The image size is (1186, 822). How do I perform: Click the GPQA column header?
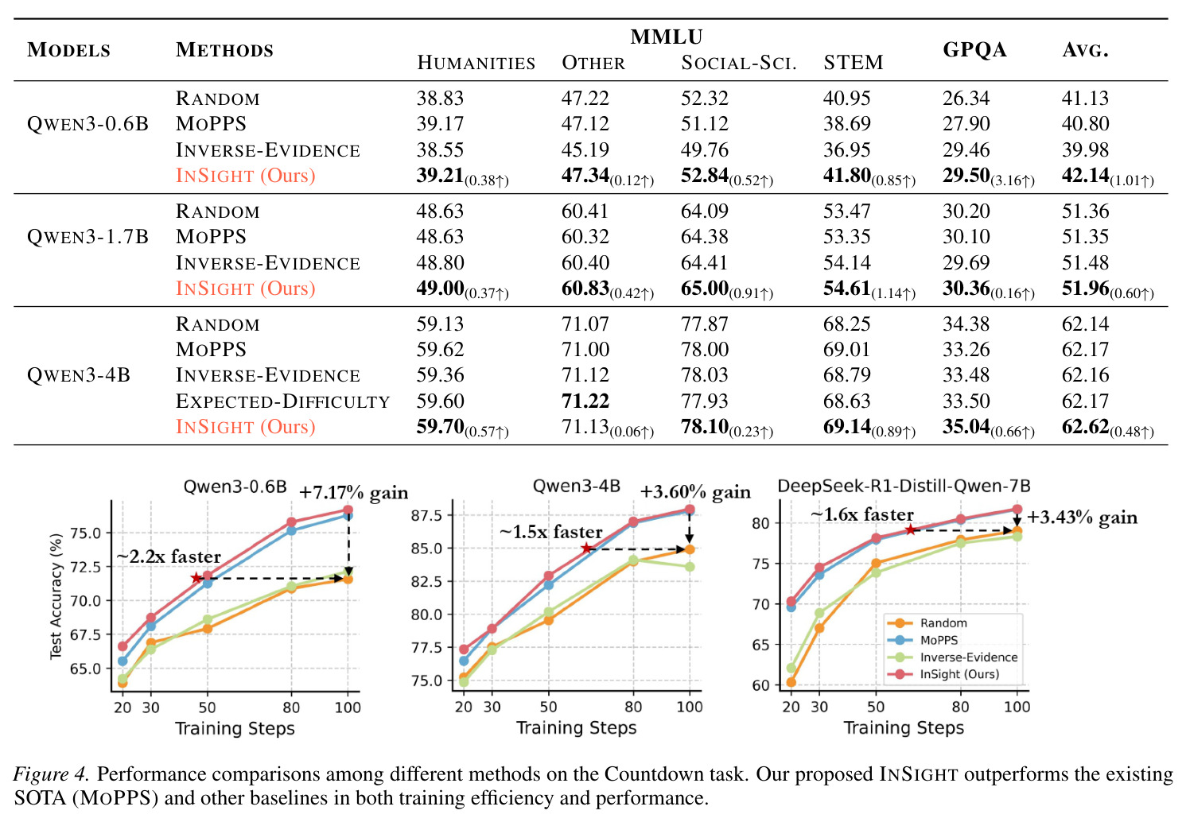point(974,49)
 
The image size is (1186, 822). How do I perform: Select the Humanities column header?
point(476,63)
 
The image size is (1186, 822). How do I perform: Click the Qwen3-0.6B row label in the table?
point(87,124)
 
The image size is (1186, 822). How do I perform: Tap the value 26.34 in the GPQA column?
point(966,98)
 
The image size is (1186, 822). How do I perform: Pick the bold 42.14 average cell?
point(1086,175)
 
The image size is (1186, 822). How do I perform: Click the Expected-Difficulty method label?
point(282,401)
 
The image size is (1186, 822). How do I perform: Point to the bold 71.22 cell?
point(585,401)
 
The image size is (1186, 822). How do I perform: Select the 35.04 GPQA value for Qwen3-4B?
point(966,427)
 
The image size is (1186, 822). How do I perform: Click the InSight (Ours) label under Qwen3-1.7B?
point(246,289)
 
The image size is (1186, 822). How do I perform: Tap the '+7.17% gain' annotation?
point(354,493)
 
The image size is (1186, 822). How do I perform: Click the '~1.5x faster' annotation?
point(551,531)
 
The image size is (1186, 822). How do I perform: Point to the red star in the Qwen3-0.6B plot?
point(196,578)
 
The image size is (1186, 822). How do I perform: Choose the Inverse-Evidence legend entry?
point(952,657)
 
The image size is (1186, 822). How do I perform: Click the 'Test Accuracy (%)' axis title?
point(56,596)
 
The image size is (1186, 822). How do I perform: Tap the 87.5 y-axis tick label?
point(427,515)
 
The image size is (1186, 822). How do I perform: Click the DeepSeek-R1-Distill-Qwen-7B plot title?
point(904,486)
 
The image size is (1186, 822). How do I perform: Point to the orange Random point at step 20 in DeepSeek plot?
point(791,682)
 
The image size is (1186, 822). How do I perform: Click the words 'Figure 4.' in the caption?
point(50,774)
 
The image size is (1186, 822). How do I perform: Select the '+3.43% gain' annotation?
point(1083,517)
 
